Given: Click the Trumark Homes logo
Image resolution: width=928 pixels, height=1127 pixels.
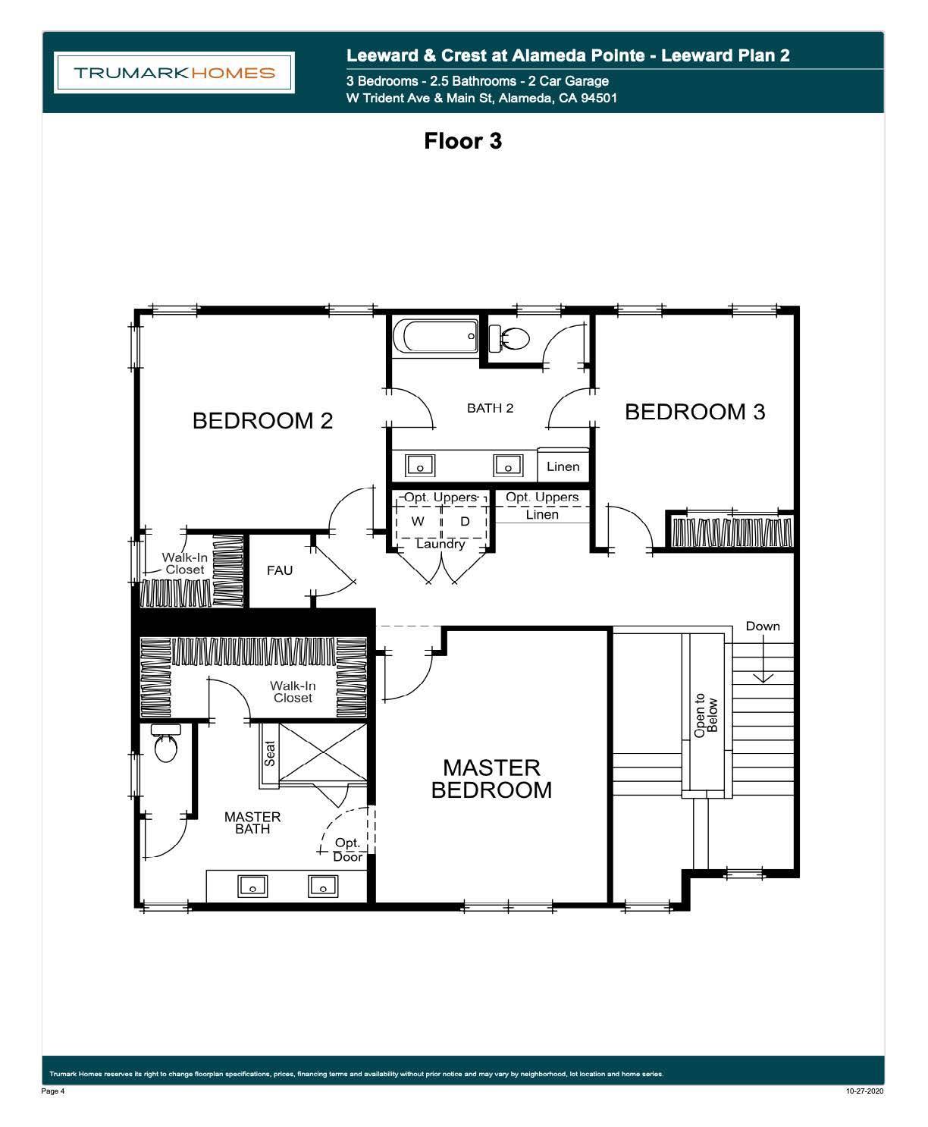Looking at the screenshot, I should pos(174,73).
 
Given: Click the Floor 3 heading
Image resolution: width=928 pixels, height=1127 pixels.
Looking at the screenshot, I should pos(462,141).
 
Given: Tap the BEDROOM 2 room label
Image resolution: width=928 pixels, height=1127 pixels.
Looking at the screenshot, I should pos(262,421).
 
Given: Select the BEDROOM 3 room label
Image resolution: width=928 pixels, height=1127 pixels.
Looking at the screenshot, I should pos(694,412).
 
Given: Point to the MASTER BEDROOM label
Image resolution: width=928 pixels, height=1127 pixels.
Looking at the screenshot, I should pos(491,779).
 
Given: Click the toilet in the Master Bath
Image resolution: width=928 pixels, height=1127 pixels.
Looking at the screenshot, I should pos(165,746).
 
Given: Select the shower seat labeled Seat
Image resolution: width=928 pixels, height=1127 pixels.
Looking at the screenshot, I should pos(269,753).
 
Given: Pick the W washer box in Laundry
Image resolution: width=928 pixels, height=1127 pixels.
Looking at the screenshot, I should pos(418,522).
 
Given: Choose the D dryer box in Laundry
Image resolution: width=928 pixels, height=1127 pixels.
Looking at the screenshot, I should pos(465,522).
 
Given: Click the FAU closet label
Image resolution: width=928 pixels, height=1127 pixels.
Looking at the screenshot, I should pos(279,570).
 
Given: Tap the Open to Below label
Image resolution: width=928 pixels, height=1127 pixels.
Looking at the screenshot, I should pos(706,715).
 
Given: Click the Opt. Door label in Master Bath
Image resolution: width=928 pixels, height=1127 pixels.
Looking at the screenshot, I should pos(348,849).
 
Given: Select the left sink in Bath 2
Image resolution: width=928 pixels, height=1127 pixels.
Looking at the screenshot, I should pos(419,464).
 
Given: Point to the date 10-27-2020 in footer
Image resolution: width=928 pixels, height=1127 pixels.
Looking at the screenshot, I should pos(864,1091).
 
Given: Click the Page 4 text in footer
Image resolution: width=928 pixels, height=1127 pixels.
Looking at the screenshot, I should pos(53,1091).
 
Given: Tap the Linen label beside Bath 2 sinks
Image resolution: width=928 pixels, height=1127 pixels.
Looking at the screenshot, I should pos(563,466).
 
